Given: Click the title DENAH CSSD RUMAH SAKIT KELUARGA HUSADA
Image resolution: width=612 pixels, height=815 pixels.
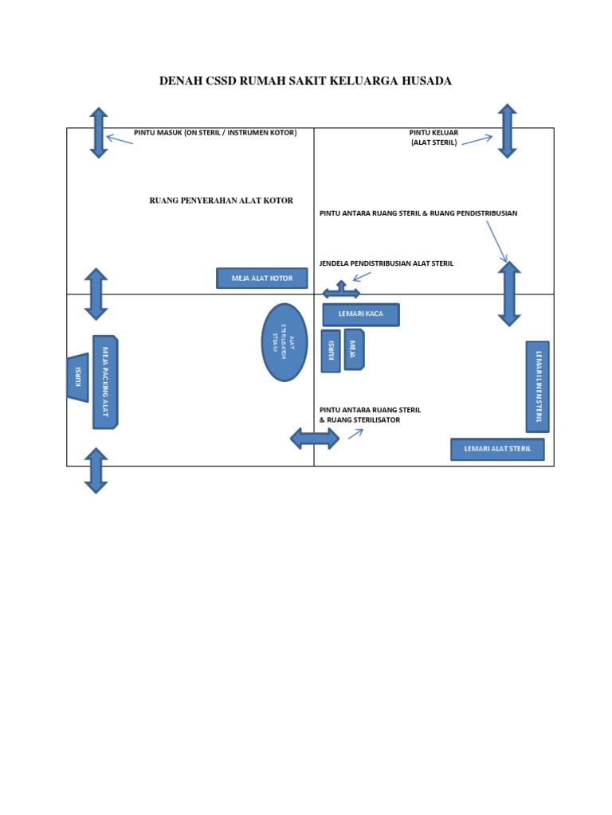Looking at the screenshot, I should coord(305,81).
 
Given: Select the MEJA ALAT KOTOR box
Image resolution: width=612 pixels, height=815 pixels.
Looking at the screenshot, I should coord(261,279).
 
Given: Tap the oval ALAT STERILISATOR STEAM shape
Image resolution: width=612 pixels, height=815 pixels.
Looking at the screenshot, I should coord(284,342).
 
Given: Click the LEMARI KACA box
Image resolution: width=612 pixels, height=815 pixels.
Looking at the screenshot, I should coord(360,314).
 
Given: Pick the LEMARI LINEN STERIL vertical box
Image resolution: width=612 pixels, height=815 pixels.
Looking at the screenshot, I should coord(538,386).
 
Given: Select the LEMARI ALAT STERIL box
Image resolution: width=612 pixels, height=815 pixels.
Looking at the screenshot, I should coord(497,450).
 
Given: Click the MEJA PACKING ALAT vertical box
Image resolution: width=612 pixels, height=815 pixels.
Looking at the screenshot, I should coord(104,382).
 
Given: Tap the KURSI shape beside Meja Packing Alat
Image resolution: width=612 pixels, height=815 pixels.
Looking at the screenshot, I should coord(77,377).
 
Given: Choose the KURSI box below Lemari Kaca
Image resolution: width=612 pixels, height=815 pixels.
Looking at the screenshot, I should coord(330,351).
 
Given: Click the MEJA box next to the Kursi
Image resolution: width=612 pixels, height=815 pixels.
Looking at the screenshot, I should coord(353,349).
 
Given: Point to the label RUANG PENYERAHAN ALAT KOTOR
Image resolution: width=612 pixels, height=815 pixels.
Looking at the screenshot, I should coord(222,201).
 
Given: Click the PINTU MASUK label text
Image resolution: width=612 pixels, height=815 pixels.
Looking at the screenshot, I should coord(215,133).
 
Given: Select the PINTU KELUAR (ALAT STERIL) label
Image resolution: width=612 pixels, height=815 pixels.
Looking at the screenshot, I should coord(433,138).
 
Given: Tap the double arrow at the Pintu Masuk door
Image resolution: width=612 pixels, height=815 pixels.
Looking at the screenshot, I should coord(98,133).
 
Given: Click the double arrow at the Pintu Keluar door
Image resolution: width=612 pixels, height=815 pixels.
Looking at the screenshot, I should coord(507,131).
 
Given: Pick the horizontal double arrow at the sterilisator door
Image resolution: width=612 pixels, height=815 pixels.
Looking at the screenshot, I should coord(314,438).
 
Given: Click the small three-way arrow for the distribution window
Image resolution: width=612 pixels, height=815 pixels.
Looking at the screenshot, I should coord(341,291).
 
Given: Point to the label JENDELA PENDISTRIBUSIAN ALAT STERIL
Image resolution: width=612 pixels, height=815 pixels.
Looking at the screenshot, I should coord(386,263).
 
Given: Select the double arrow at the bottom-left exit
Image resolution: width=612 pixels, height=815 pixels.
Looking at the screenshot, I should coord(96,470).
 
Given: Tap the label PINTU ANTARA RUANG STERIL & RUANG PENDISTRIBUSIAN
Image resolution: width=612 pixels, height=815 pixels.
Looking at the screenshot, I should coord(418,213).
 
